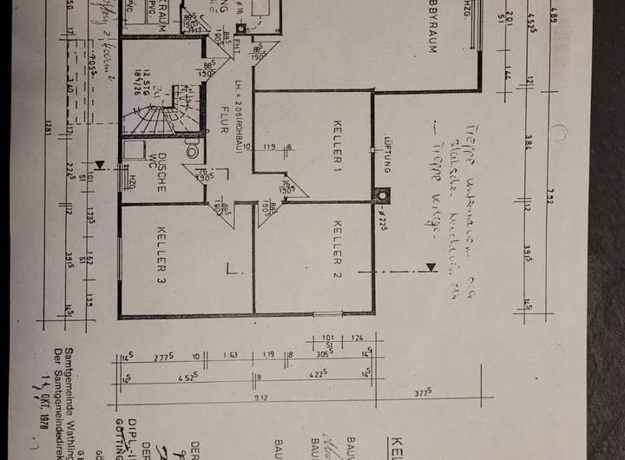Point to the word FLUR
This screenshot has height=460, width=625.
click(x=223, y=119)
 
